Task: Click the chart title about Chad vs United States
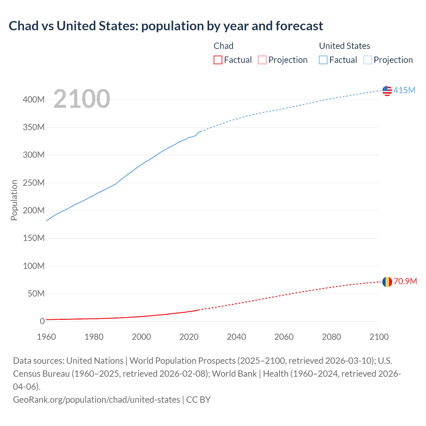coord(166,26)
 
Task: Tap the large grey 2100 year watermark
coord(82,99)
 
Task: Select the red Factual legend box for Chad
coord(218,60)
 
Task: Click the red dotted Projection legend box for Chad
coord(262,60)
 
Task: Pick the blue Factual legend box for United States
coord(323,60)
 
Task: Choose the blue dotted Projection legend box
coord(367,60)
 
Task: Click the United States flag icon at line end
coord(387,91)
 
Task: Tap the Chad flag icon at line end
coord(387,282)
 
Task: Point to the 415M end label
coord(404,90)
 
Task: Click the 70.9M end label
coord(405,282)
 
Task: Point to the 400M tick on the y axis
coord(34,100)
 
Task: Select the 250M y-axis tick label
coord(34,183)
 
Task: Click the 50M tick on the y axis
coord(36,294)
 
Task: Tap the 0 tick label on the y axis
coord(42,321)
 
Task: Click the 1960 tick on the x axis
coord(46,337)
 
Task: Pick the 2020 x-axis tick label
coord(189,337)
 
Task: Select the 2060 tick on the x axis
coord(284,337)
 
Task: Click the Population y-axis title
coord(14,200)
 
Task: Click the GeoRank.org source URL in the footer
coord(97,399)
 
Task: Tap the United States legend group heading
coord(344,46)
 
